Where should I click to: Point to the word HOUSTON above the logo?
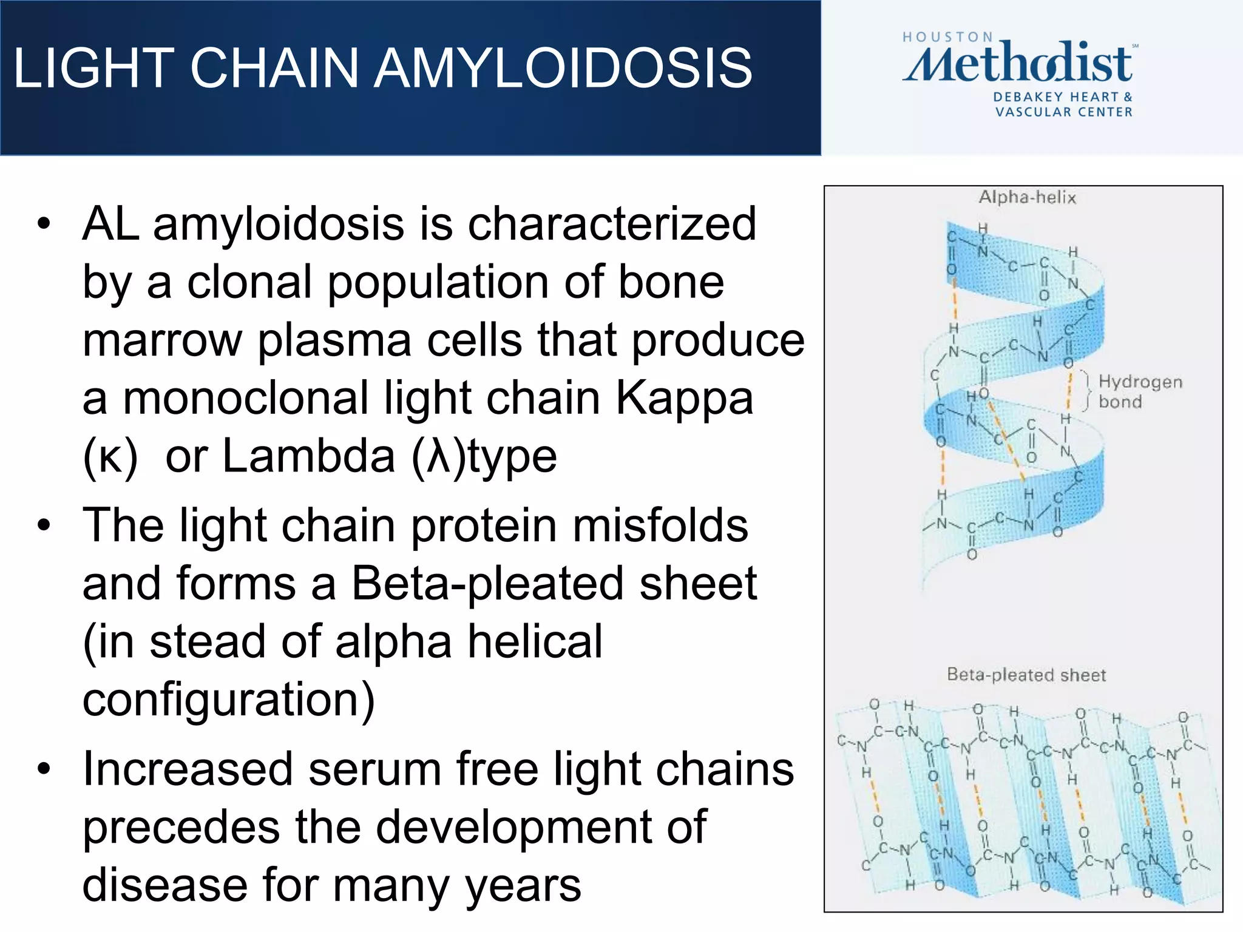[947, 37]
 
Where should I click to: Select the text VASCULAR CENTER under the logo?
[1063, 112]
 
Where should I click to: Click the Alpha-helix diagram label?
[1027, 197]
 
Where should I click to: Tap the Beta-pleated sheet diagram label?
[1026, 675]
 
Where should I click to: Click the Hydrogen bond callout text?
[1140, 391]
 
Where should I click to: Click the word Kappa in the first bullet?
[684, 399]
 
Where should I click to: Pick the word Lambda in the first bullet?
[309, 456]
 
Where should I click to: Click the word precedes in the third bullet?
[181, 828]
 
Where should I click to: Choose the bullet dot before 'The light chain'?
[43, 525]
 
